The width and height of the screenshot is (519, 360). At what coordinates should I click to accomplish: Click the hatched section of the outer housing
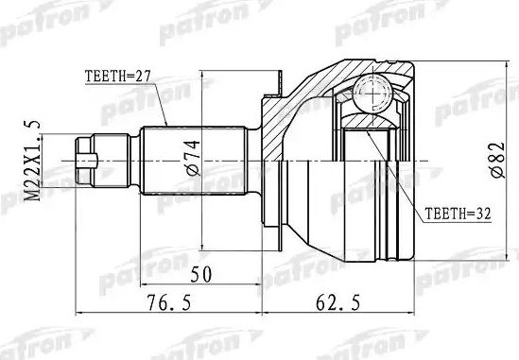284,113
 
